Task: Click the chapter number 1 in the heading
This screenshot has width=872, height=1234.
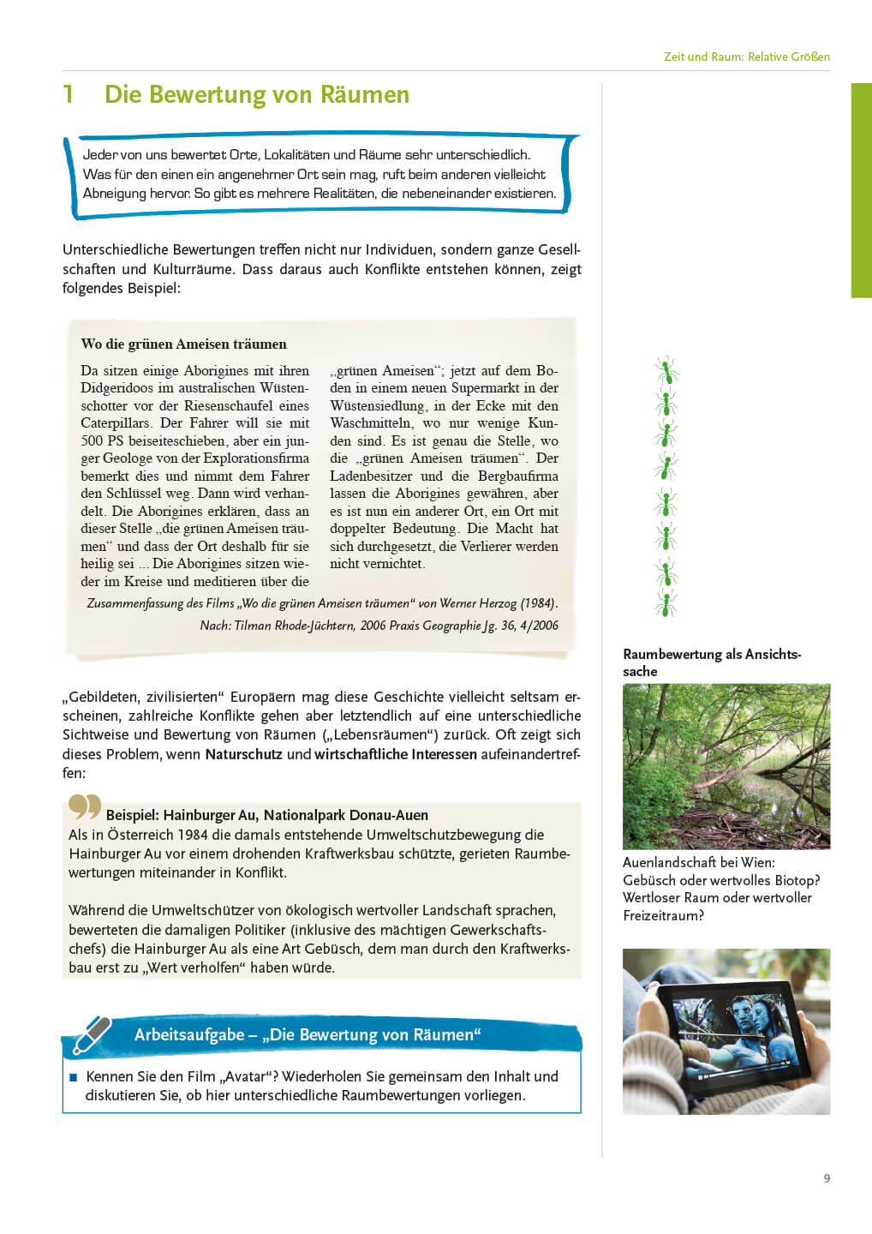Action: click(x=68, y=94)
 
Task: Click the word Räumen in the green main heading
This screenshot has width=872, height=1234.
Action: click(x=365, y=94)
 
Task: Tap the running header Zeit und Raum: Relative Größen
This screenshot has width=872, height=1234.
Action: click(x=746, y=57)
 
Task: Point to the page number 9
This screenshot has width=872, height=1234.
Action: click(x=827, y=1178)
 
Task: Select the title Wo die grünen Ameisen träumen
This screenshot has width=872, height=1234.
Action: click(x=183, y=344)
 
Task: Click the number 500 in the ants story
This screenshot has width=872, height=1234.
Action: click(x=92, y=440)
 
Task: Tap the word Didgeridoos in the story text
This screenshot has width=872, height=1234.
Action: click(x=120, y=388)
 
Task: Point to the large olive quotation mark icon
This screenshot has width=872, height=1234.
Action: click(x=84, y=807)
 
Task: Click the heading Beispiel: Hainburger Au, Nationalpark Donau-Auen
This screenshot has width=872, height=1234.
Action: click(x=266, y=815)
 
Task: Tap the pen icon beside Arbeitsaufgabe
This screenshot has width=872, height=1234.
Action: click(x=92, y=1033)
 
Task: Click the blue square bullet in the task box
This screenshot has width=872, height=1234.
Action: click(x=73, y=1077)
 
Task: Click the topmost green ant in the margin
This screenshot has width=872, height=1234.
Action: click(x=666, y=371)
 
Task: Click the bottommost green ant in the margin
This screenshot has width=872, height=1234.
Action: click(x=666, y=603)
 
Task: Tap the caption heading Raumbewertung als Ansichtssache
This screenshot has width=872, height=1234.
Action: click(x=711, y=662)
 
